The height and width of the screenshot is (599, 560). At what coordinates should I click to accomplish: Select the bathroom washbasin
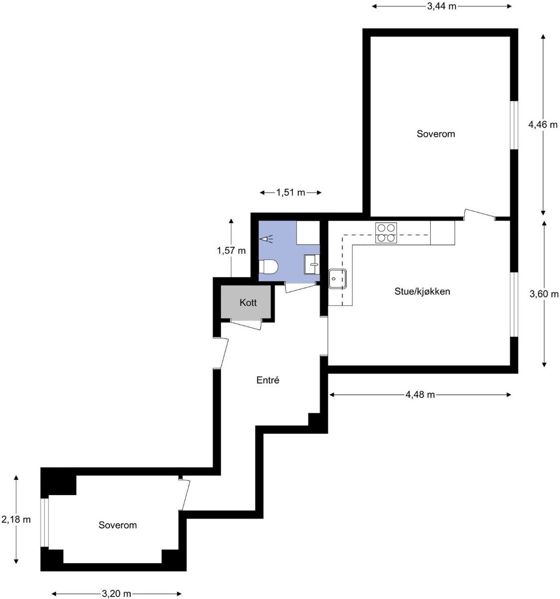click(x=312, y=264)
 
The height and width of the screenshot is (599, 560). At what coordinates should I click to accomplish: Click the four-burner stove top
click(x=386, y=233)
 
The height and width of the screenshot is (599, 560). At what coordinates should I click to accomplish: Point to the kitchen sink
click(x=338, y=279)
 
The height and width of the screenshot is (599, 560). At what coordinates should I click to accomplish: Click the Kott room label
click(x=248, y=302)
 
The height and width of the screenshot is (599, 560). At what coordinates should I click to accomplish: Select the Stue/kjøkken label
click(x=422, y=291)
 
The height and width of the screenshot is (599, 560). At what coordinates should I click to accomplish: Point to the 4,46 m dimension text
click(x=543, y=125)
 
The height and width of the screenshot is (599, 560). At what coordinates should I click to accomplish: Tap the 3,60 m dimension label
click(x=544, y=294)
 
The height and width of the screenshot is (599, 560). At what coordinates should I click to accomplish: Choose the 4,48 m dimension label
click(x=420, y=395)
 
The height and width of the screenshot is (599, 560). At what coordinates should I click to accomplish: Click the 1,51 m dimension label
click(x=290, y=193)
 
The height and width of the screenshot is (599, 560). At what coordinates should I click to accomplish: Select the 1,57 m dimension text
click(x=231, y=251)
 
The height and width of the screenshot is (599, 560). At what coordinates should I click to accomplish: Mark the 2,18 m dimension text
click(x=16, y=520)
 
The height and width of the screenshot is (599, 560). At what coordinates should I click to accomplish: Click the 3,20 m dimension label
click(x=117, y=594)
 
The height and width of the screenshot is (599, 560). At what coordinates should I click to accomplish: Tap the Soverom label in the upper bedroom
click(x=436, y=134)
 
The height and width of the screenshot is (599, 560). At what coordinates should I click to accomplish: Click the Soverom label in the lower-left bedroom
click(x=118, y=525)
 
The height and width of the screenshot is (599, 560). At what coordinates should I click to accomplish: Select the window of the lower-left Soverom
click(x=44, y=522)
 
